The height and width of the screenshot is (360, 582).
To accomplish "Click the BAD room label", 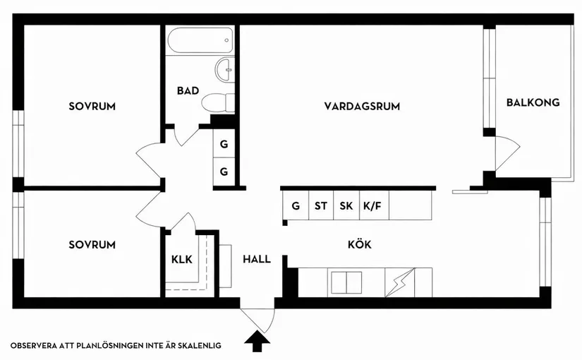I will [x=188, y=90].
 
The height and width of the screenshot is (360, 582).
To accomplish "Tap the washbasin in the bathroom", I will [x=225, y=70].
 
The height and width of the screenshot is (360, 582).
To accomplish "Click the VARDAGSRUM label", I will [x=362, y=107].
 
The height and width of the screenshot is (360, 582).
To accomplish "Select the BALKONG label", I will [x=533, y=102].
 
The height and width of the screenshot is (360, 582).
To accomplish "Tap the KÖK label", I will [x=359, y=244].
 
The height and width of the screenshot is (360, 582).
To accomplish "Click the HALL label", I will [x=257, y=259].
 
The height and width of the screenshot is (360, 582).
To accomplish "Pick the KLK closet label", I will [x=181, y=259].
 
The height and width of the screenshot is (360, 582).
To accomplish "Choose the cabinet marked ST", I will [x=321, y=207].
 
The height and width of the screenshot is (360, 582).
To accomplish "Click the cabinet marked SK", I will [x=346, y=207].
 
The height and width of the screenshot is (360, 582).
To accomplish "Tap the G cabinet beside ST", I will [x=296, y=207].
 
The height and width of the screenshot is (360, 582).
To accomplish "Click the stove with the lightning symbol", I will [x=399, y=283].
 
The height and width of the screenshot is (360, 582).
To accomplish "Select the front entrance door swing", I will [x=257, y=318].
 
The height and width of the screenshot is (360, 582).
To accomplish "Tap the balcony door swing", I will [x=507, y=152].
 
